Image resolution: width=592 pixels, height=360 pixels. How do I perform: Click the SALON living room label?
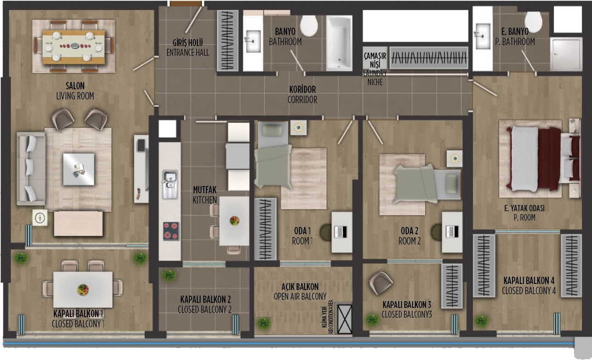(x=75, y=91)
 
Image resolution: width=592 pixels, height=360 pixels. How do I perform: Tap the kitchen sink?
(x=170, y=184)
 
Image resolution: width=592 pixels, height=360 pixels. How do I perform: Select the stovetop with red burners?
(x=171, y=231)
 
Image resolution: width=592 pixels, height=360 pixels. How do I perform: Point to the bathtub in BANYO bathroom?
(x=339, y=43)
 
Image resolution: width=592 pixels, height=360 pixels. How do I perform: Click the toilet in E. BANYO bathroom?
(x=533, y=22)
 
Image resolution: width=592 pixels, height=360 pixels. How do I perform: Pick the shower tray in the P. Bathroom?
(x=566, y=54)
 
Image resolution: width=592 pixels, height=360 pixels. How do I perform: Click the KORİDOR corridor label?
(x=302, y=94)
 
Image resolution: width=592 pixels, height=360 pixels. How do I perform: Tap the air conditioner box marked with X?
(x=345, y=319)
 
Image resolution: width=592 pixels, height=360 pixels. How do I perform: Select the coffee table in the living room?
(x=79, y=169)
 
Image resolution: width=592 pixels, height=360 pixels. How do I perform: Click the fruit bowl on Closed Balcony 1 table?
(x=83, y=290)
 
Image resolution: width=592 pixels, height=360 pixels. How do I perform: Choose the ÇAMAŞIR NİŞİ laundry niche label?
(x=375, y=69)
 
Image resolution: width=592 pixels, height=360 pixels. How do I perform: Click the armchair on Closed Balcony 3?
(x=380, y=283)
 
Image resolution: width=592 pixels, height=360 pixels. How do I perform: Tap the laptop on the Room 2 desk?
(x=452, y=232)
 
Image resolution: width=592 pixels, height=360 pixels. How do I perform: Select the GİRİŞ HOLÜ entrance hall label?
(x=188, y=47)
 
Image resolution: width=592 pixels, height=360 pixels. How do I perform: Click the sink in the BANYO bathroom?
(x=253, y=41)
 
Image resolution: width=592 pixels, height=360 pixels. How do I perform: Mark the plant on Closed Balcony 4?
(x=481, y=320)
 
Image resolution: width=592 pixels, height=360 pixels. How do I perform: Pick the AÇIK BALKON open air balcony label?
(x=300, y=291)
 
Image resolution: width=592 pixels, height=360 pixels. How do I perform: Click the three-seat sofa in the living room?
(x=31, y=169)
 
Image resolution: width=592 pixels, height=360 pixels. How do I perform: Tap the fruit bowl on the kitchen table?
(x=234, y=221)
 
